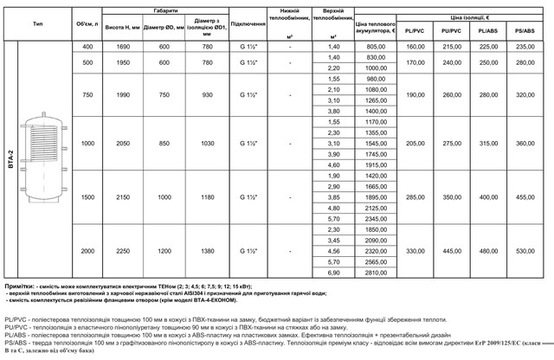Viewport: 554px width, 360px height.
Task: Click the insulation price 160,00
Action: tap(416, 45)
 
